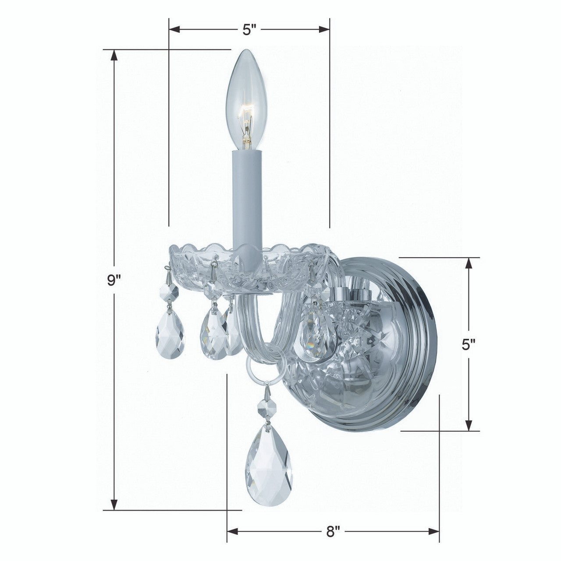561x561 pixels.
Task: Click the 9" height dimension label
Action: (x=114, y=280)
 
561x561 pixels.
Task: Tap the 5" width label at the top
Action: (x=249, y=30)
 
